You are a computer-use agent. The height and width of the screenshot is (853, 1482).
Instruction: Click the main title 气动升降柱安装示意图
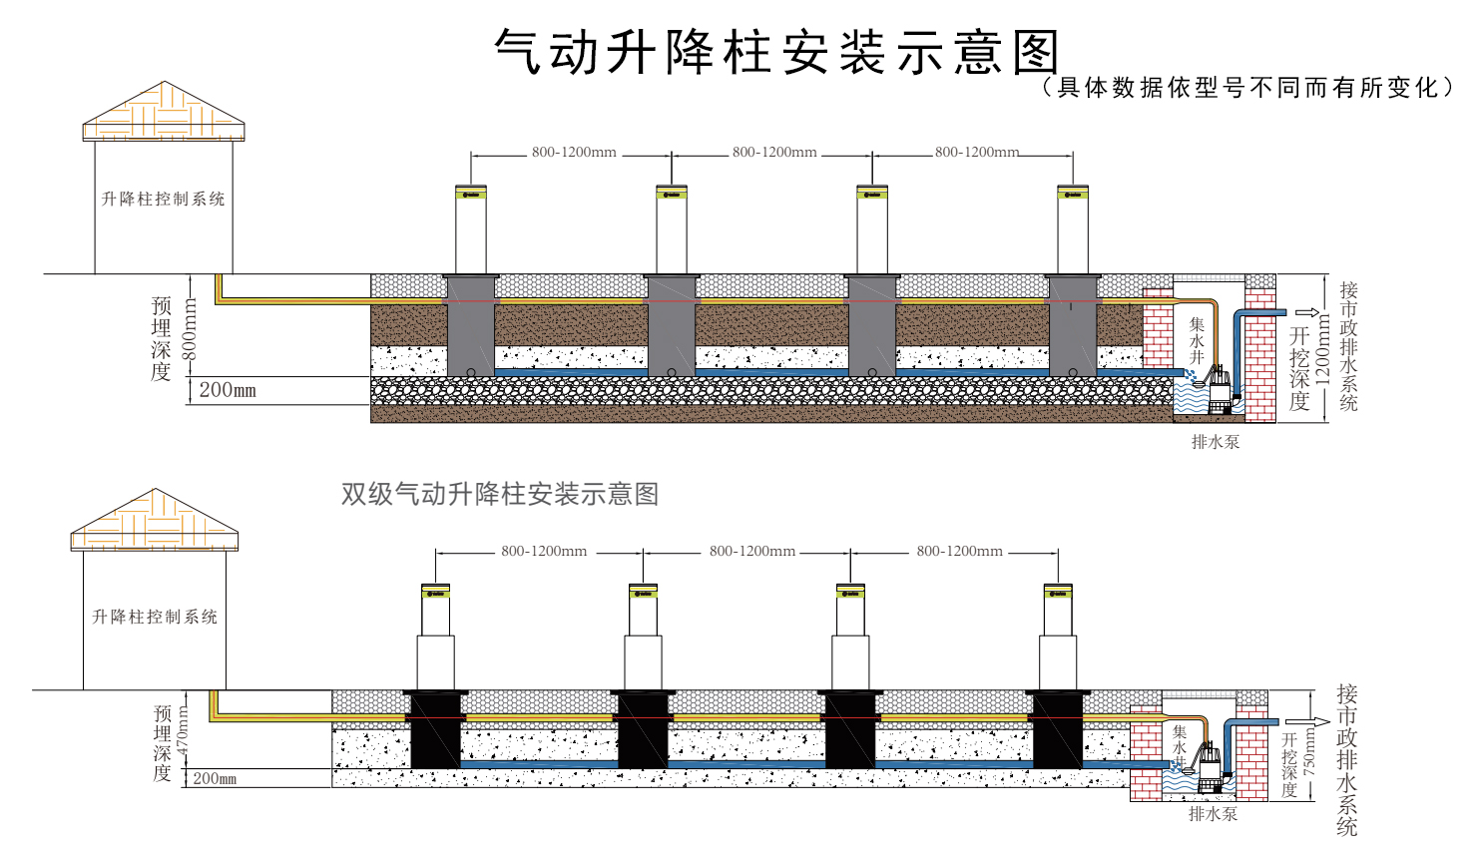[776, 51]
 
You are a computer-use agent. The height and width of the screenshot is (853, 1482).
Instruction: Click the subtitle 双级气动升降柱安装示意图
[499, 494]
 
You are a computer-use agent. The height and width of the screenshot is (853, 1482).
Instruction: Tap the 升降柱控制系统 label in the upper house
[164, 199]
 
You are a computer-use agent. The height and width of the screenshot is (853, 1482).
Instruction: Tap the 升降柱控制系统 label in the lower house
[155, 617]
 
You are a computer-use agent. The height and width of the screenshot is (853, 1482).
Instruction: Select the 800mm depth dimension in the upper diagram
[190, 330]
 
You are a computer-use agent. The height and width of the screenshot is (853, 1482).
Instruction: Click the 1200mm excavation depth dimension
[1323, 349]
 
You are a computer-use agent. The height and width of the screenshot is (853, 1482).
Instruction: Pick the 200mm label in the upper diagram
[228, 390]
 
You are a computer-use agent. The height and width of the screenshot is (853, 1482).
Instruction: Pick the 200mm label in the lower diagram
[215, 778]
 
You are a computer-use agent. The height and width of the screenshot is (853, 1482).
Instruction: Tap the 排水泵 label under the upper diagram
[1215, 442]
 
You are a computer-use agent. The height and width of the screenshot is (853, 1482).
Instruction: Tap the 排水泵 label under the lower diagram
[1213, 814]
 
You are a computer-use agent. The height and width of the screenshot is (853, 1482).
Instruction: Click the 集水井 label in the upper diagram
[1197, 340]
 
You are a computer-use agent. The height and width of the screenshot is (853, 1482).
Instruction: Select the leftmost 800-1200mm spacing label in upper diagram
[574, 153]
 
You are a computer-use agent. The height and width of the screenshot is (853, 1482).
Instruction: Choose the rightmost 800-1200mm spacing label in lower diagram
[959, 551]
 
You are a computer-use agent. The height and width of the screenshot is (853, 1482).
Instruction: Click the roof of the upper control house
[164, 113]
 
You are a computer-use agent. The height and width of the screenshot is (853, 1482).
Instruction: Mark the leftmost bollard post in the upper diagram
[471, 229]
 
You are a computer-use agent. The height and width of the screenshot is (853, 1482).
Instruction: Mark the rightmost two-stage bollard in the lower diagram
[1058, 639]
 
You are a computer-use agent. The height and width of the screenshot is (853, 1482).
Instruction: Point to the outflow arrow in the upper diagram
[1306, 312]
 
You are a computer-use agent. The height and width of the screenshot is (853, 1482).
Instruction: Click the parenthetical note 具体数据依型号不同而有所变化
[1247, 88]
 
